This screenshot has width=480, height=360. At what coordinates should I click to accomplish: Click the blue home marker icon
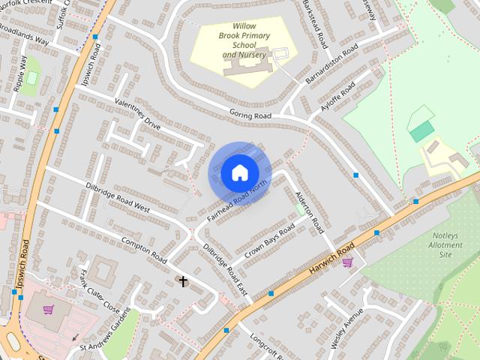click(x=239, y=173)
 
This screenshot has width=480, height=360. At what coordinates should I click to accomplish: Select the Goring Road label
click(x=250, y=115)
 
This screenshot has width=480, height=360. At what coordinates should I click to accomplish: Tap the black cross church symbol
click(x=183, y=281)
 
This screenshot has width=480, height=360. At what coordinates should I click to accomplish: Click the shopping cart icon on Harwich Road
click(x=347, y=262)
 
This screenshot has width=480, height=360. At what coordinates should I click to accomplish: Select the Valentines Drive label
click(x=137, y=113)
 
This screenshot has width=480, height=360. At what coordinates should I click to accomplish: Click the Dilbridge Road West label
click(x=118, y=196)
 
